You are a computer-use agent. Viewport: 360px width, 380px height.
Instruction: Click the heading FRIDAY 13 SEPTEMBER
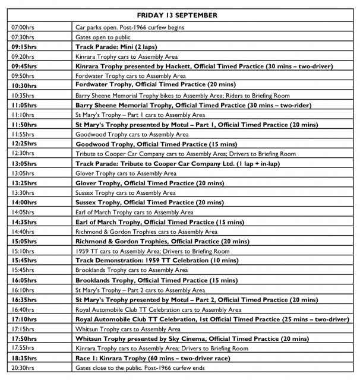coord(180,15)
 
